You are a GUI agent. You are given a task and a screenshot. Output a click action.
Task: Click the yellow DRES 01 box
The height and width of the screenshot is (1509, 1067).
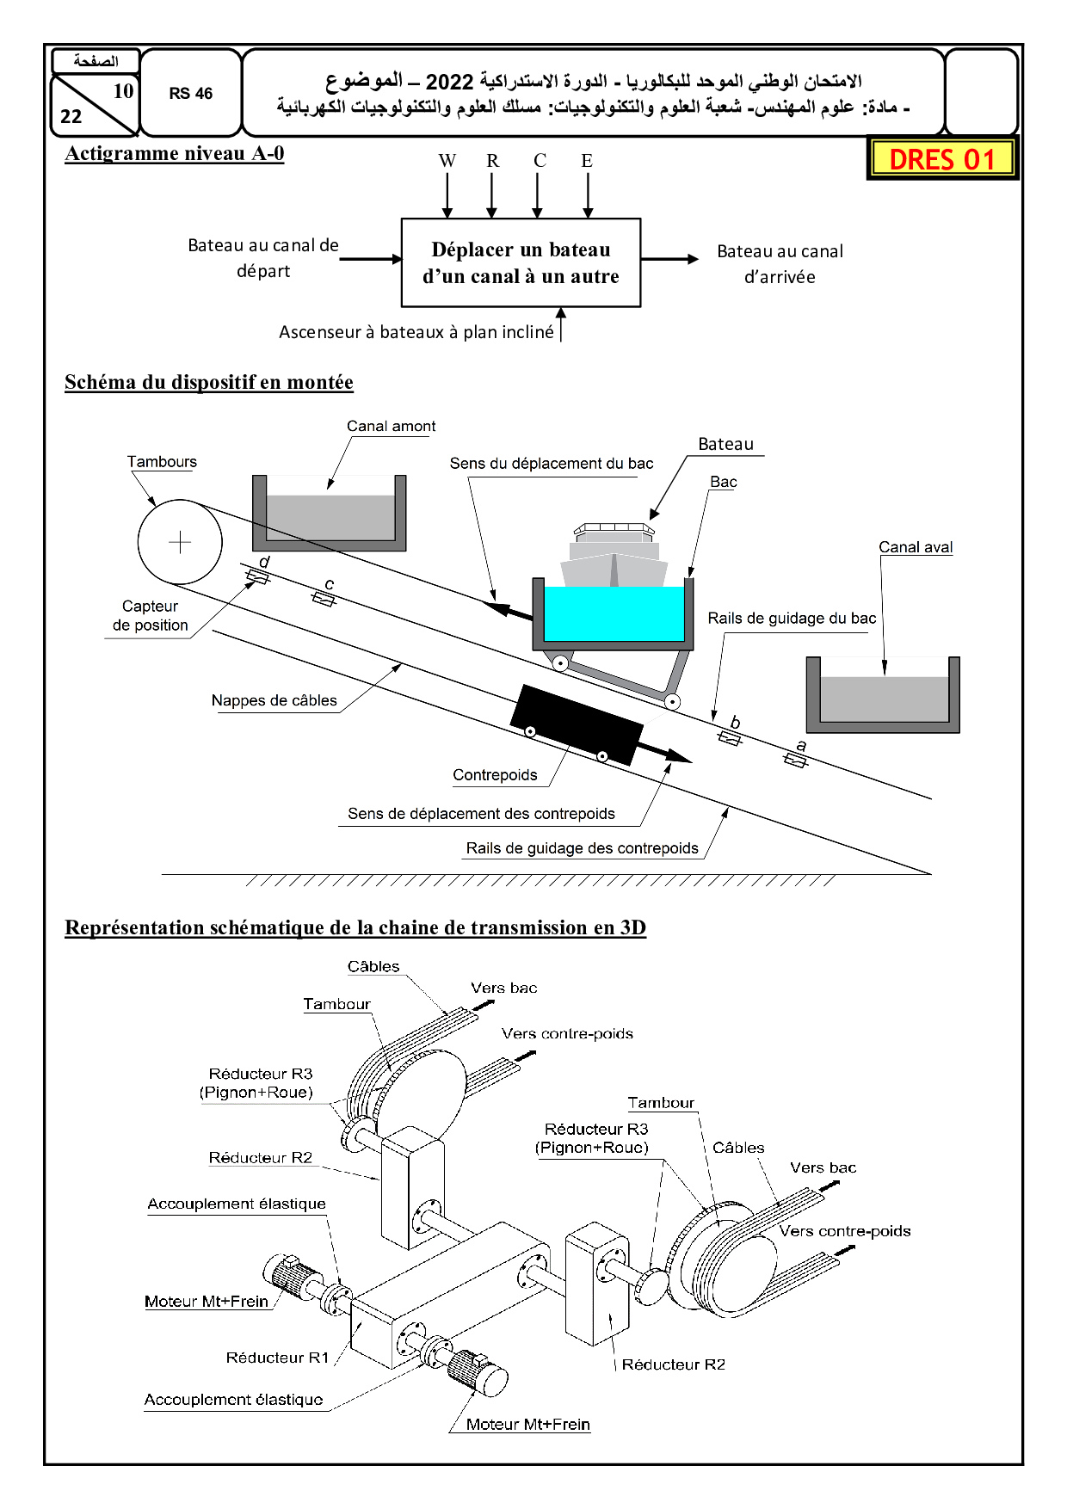pos(942,159)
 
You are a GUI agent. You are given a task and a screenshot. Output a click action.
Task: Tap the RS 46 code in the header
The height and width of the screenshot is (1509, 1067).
pos(190,94)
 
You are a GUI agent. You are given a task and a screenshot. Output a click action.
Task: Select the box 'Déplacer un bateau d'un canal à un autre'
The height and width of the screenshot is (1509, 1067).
pos(521,262)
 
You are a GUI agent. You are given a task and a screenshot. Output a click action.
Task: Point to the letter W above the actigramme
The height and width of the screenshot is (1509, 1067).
pos(447,161)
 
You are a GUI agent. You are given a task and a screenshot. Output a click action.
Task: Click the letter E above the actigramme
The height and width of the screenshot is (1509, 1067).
pos(587,161)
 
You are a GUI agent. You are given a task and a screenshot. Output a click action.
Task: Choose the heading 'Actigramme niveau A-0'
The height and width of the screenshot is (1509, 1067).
pos(174,153)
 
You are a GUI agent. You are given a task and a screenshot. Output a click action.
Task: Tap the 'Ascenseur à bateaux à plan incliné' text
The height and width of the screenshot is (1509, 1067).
pos(416,332)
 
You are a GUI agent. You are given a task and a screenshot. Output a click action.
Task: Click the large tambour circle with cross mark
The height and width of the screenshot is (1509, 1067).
pos(180,542)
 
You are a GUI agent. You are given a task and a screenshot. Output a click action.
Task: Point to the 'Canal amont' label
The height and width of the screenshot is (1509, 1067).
pos(391,426)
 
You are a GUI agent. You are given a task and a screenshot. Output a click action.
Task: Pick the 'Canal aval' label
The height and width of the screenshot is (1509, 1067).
pos(916,547)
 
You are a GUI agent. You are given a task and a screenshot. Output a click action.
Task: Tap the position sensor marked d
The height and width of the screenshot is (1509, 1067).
pos(257,576)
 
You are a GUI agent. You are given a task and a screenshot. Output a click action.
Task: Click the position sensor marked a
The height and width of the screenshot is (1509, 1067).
pos(795,760)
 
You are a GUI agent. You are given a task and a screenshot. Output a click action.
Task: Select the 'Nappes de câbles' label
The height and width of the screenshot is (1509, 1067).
pos(274,700)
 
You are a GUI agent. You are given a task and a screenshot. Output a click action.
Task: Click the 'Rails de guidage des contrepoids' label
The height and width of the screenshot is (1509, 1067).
pos(582,848)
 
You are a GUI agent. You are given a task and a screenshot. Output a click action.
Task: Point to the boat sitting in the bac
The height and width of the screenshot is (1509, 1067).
pos(614,554)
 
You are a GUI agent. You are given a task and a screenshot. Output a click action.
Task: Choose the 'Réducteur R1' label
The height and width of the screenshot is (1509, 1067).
pos(277,1358)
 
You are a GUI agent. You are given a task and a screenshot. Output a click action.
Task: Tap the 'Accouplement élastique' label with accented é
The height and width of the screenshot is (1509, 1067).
pos(237,1204)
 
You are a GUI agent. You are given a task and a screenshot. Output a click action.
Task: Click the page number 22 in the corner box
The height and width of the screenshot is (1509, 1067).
pos(71,117)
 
